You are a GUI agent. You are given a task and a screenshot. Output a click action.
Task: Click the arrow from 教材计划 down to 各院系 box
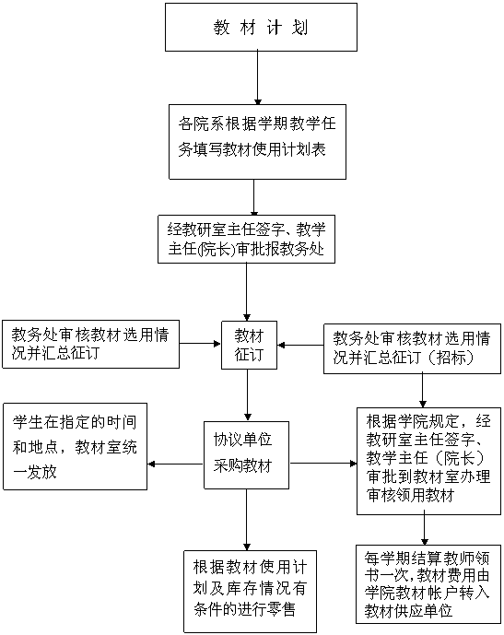pyautogui.click(x=258, y=77)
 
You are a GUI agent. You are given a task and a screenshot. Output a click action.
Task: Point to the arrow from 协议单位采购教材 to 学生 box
pyautogui.click(x=175, y=464)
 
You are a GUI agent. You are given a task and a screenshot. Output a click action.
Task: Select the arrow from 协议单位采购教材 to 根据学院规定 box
pyautogui.click(x=323, y=464)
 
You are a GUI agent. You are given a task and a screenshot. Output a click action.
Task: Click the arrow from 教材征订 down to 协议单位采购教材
pyautogui.click(x=248, y=395)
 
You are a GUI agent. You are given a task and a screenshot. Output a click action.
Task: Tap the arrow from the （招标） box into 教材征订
pyautogui.click(x=300, y=345)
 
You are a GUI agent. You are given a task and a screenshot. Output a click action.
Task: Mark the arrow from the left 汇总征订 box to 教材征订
pyautogui.click(x=200, y=344)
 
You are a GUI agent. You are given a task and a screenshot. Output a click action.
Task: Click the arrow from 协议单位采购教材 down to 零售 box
pyautogui.click(x=247, y=520)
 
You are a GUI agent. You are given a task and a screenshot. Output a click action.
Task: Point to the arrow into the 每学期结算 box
pyautogui.click(x=424, y=530)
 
